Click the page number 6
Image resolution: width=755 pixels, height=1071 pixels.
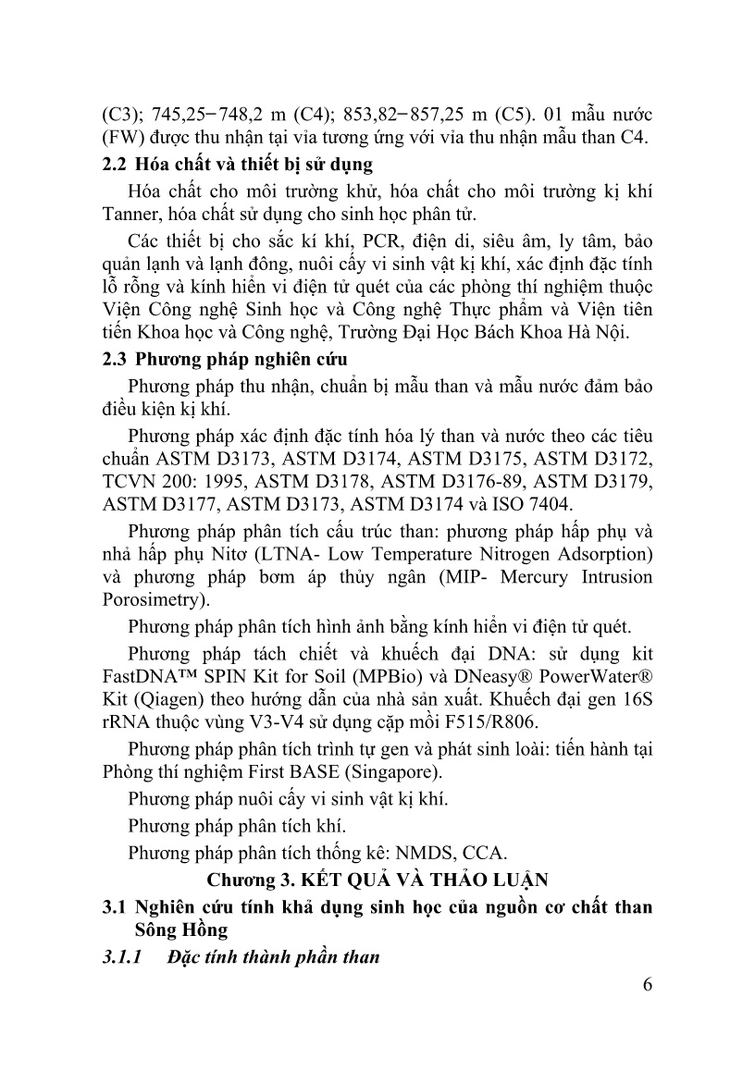[647, 982]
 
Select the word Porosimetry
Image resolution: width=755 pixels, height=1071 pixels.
[151, 600]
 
